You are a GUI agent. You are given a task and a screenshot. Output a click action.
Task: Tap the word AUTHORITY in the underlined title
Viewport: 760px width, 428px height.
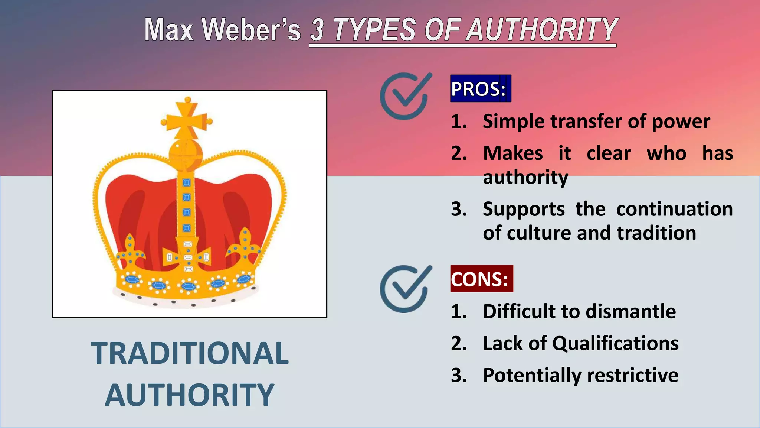[542, 30]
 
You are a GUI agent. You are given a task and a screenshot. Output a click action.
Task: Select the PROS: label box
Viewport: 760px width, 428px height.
[480, 89]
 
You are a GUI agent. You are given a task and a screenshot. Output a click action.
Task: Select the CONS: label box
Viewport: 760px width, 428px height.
[481, 279]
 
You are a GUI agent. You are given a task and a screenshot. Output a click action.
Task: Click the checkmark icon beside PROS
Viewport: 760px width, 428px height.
[405, 96]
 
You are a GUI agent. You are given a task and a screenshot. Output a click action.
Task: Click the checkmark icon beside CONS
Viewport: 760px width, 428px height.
[405, 288]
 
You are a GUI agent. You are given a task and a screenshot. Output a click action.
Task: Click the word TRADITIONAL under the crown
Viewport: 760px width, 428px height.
[190, 353]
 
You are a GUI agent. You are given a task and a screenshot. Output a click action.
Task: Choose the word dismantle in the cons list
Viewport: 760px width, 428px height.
[635, 311]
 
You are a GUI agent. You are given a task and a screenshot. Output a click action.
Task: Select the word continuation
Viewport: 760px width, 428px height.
[674, 209]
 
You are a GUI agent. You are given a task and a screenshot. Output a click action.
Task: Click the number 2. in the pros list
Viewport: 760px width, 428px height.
[459, 153]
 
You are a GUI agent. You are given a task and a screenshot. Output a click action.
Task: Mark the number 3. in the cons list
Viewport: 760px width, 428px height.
[459, 375]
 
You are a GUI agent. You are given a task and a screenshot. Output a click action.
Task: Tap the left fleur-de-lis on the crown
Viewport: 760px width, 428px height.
[130, 251]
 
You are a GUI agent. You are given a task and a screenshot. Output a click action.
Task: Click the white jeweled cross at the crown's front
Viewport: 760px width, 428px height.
[188, 257]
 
